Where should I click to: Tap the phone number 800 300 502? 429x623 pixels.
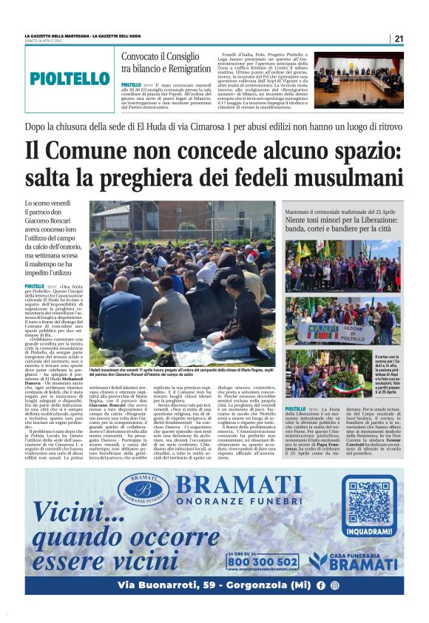pos(263,562)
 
